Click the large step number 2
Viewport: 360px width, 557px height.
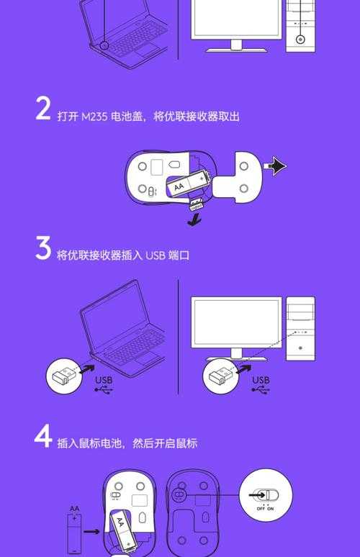click(42, 109)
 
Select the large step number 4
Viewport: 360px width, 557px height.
click(42, 436)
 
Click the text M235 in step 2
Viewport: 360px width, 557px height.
click(93, 117)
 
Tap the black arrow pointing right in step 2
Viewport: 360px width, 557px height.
click(276, 167)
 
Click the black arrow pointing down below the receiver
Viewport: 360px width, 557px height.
click(192, 220)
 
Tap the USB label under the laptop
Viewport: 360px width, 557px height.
click(104, 380)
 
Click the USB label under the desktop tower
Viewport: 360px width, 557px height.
click(261, 380)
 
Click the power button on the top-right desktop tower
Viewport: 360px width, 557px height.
click(300, 40)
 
